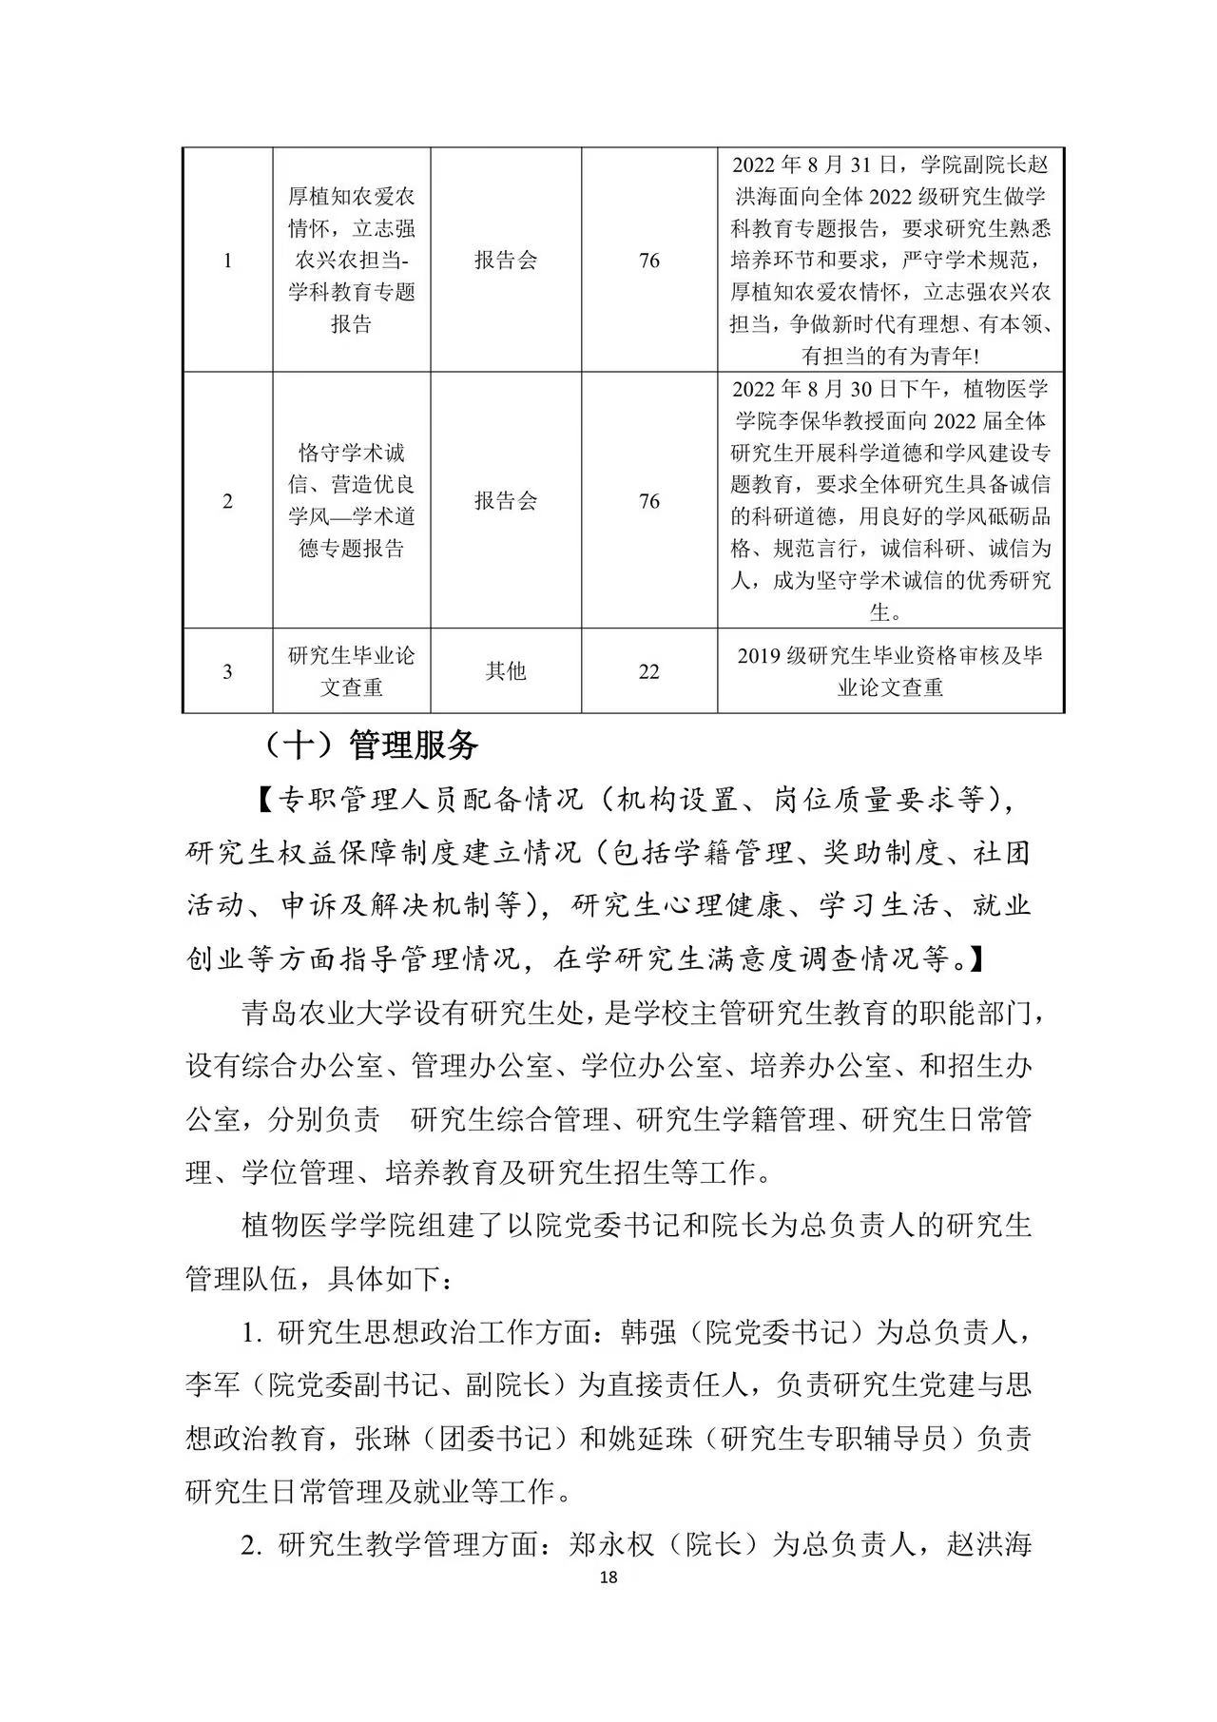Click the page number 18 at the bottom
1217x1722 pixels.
point(609,1577)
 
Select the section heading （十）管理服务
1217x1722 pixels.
point(371,745)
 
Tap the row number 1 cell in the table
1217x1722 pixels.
point(227,261)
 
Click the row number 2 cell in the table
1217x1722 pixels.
point(227,501)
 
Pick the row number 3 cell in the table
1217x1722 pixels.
point(227,671)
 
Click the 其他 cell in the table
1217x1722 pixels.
point(506,671)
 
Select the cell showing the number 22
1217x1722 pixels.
point(649,671)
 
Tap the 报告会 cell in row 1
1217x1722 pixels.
point(506,261)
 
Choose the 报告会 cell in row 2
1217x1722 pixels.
point(506,501)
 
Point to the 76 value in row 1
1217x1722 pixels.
point(649,261)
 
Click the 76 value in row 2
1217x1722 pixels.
point(649,501)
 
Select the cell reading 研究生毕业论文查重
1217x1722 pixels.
point(352,671)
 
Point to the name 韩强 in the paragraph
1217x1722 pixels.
point(647,1332)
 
